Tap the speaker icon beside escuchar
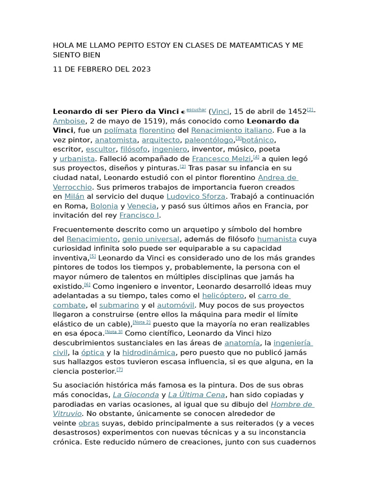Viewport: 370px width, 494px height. click(x=183, y=112)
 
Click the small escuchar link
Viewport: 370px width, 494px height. click(x=196, y=110)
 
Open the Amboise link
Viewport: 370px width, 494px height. click(x=69, y=121)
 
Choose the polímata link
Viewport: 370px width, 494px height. click(x=120, y=130)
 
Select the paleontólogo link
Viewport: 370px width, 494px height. click(x=209, y=140)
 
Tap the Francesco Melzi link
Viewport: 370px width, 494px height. click(x=221, y=159)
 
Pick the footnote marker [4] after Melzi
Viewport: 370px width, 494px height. click(x=256, y=157)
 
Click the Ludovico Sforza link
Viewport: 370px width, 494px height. click(x=196, y=196)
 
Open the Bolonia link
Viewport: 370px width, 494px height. click(x=104, y=206)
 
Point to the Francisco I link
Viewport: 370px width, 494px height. click(x=139, y=215)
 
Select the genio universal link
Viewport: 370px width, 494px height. click(x=151, y=239)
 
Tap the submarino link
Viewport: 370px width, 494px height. click(x=119, y=305)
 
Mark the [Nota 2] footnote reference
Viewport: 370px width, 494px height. click(x=142, y=322)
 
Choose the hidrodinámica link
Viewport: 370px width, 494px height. click(x=162, y=353)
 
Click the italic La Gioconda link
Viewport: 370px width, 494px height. click(x=135, y=395)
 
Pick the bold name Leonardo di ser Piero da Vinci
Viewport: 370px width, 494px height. click(x=116, y=111)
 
